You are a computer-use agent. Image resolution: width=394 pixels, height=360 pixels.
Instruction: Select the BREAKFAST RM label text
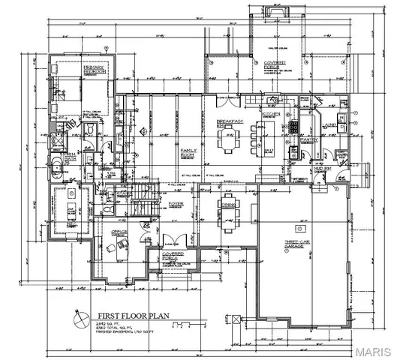pyautogui.click(x=228, y=124)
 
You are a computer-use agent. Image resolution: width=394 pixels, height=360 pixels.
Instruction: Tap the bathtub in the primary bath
pyautogui.click(x=57, y=166)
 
